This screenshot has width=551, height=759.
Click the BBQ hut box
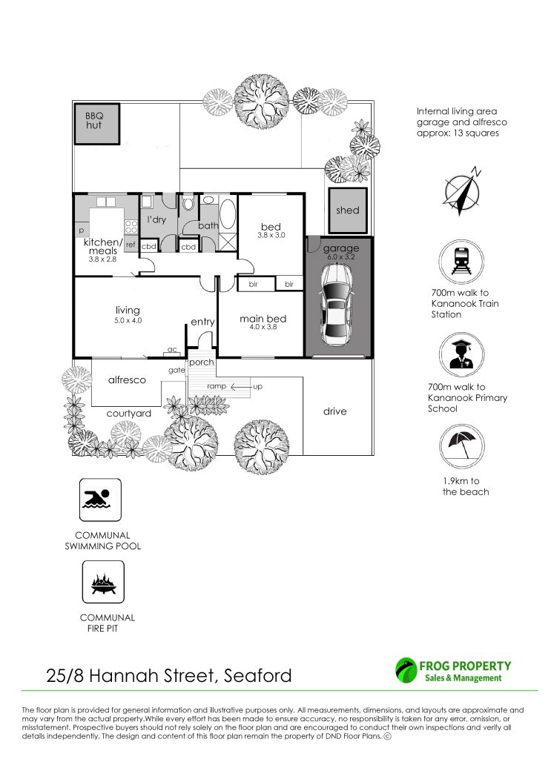coord(97,124)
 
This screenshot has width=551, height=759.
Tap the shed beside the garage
coord(347,211)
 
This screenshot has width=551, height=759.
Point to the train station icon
coord(461,262)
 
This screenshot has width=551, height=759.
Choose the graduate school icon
coord(461,355)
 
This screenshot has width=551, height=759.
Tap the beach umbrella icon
coord(461,445)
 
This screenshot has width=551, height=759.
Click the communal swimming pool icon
coord(100,500)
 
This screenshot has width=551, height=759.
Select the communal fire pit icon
coord(103,582)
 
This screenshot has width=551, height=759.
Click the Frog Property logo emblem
coord(406,670)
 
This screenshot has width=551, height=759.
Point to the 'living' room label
coord(128,310)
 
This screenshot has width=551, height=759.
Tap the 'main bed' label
coord(263,319)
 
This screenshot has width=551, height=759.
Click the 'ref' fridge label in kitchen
coord(131,245)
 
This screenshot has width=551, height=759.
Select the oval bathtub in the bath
coord(228,214)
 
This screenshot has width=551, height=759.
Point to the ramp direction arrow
coord(240,387)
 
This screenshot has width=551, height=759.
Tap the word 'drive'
coord(335,411)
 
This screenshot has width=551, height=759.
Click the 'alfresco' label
coord(127,380)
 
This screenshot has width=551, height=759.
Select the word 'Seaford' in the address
coord(257,675)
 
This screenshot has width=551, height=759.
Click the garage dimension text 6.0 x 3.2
coord(341,257)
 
